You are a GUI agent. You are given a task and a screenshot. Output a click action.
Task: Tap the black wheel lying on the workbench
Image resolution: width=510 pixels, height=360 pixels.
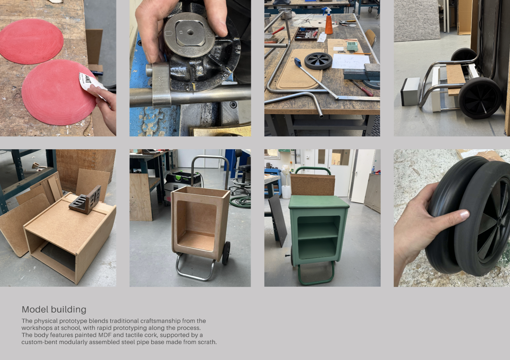pyautogui.click(x=318, y=61)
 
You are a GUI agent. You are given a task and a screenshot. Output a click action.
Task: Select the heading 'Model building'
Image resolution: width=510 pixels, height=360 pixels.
pyautogui.click(x=54, y=310)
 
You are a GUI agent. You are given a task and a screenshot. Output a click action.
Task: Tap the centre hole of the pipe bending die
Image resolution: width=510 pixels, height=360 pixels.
pyautogui.click(x=190, y=33)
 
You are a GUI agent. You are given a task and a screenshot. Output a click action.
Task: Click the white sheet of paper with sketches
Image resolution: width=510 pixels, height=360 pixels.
pyautogui.click(x=351, y=61)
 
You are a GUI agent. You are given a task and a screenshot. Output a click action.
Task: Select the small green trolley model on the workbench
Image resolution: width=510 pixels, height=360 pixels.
pyautogui.click(x=352, y=46)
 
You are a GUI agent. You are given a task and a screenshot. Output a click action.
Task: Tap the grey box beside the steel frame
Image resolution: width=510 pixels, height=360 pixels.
pyautogui.click(x=411, y=92)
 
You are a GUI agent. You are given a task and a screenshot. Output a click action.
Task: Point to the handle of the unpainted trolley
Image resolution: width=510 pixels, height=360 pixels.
pyautogui.click(x=210, y=157)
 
